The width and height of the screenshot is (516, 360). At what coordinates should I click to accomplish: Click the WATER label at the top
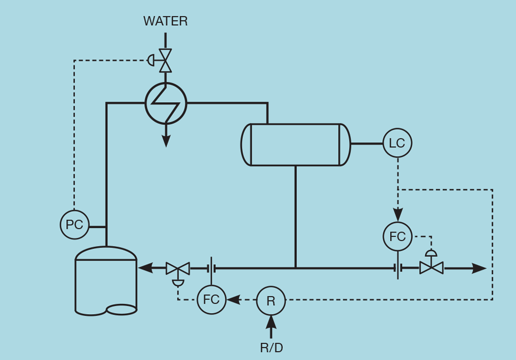[165, 22]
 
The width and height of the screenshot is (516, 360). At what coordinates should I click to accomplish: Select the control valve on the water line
[165, 61]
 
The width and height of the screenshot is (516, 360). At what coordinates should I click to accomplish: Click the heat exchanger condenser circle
[166, 103]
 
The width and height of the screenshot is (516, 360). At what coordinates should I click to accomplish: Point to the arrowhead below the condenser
[166, 141]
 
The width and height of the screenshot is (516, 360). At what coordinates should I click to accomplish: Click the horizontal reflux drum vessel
[295, 145]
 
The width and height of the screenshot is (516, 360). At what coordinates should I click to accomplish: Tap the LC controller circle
[397, 143]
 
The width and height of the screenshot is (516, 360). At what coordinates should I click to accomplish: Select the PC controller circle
[74, 225]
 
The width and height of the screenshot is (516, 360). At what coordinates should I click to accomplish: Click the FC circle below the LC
[398, 236]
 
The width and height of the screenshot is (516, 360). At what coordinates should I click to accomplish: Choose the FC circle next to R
[211, 300]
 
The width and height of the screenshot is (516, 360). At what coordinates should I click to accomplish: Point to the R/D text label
[271, 348]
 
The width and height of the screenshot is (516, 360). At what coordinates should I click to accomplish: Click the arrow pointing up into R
[271, 323]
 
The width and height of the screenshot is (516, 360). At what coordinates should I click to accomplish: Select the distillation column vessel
[106, 281]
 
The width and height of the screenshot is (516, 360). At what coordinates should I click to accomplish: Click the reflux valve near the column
[177, 268]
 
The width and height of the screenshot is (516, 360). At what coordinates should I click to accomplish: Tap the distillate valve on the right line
[431, 268]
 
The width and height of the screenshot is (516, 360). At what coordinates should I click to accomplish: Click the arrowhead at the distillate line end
[479, 268]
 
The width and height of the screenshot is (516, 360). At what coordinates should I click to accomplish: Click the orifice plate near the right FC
[398, 268]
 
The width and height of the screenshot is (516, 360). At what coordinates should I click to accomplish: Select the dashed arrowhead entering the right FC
[398, 215]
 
